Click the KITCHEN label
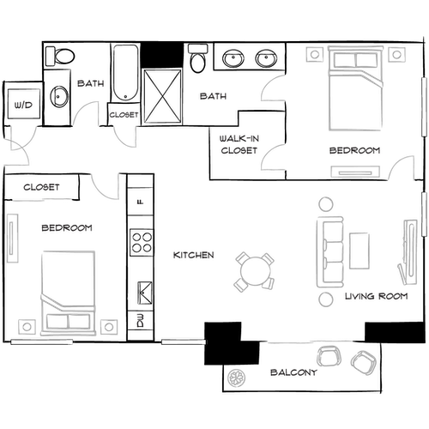click(193, 256)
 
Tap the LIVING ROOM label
click(374, 297)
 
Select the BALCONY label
click(293, 373)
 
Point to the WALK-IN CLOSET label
click(239, 144)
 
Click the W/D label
click(22, 106)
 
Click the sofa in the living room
click(330, 252)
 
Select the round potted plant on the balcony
click(235, 376)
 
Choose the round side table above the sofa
click(326, 205)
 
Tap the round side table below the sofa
click(326, 299)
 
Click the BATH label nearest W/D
click(91, 84)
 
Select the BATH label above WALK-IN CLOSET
click(214, 96)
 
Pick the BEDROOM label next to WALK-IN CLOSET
click(354, 151)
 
